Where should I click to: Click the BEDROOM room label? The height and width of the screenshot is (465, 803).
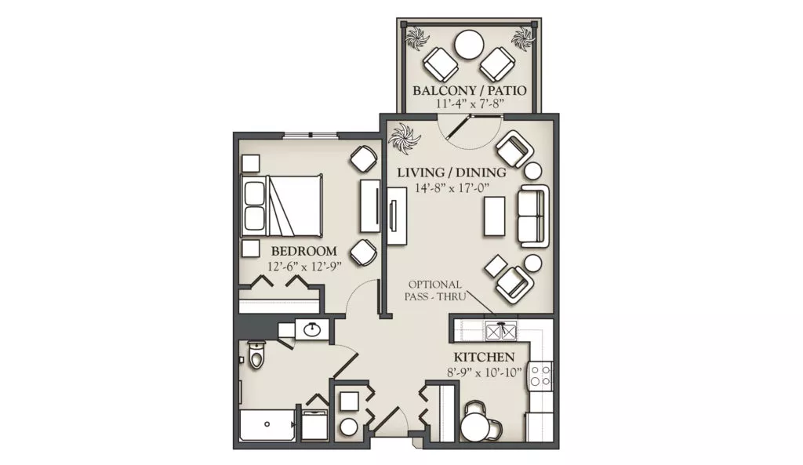point(303,251)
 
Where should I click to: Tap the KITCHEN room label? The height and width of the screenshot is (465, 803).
point(484,357)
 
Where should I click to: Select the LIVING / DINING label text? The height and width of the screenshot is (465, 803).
point(452,173)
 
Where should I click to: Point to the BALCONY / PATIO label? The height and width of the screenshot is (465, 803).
point(470,91)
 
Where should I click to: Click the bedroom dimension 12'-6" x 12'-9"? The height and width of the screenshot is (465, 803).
point(304,267)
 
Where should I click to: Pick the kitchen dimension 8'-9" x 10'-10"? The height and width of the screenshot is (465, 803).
point(485,372)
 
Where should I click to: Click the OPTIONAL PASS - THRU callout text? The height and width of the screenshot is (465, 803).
point(435,290)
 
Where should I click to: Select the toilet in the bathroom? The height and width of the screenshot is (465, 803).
point(255,354)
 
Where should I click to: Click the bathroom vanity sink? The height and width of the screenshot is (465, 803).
point(312,330)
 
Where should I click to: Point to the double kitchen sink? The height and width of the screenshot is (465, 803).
point(501,331)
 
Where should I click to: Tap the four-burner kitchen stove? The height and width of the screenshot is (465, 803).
point(541,375)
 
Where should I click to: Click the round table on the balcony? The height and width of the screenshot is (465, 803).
point(471,45)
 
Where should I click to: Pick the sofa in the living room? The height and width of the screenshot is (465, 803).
point(533,216)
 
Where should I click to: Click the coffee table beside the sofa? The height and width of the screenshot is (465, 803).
point(495,216)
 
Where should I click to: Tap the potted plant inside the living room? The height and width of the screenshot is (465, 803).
point(404,138)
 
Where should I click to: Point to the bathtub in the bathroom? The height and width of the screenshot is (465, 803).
point(267,424)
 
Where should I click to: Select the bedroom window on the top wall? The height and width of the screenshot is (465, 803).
point(311,135)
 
